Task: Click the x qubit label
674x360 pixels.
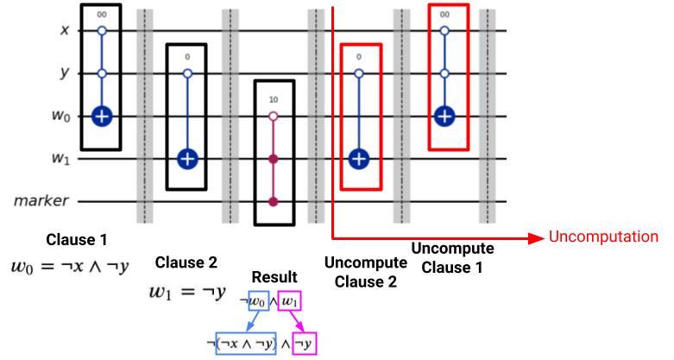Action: pos(65,30)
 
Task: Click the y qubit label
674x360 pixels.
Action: pos(65,73)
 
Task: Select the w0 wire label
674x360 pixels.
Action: pos(60,117)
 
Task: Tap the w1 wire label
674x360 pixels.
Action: pos(60,158)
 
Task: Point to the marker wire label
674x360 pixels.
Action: pos(41,201)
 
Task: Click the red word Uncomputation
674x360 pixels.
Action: pos(603,237)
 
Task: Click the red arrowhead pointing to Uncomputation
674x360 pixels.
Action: pos(537,238)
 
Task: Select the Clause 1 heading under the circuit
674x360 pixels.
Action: pos(77,240)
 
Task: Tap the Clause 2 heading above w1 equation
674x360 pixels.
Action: pos(186,262)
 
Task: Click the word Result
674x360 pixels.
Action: pos(274,277)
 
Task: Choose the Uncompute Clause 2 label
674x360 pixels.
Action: pos(366,272)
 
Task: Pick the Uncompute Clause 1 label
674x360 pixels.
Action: pos(452,257)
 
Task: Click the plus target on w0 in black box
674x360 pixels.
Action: pos(102,117)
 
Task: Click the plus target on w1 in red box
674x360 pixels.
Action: pos(359,159)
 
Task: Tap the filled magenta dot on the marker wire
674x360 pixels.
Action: pos(273,202)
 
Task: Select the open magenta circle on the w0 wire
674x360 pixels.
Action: pos(273,117)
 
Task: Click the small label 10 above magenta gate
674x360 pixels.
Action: pos(274,100)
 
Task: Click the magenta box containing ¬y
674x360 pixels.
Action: pos(305,344)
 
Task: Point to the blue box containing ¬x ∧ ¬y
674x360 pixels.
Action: pos(245,344)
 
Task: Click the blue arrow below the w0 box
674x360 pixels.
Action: pos(253,321)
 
